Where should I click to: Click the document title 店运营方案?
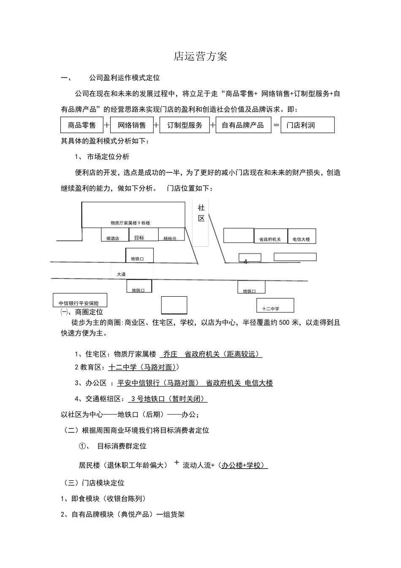(x=200, y=57)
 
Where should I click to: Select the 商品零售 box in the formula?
(x=82, y=125)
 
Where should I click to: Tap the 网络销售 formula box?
(x=132, y=125)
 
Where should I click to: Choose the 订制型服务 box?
(x=184, y=125)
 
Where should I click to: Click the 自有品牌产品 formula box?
(x=243, y=125)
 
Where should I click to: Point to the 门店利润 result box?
(x=307, y=125)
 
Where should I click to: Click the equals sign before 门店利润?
(x=276, y=125)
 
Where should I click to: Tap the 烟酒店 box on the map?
(x=113, y=235)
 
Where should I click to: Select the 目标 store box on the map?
(x=140, y=235)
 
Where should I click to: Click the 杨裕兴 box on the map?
(x=170, y=235)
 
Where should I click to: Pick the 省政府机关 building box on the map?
(x=270, y=236)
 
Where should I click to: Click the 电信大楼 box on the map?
(x=301, y=236)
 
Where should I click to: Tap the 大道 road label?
(x=121, y=274)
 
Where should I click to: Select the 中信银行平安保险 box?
(x=79, y=300)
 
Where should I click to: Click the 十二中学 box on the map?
(x=275, y=306)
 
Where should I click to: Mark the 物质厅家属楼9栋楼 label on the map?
(x=130, y=223)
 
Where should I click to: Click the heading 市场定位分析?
(x=108, y=157)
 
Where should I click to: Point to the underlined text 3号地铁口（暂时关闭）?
(x=168, y=399)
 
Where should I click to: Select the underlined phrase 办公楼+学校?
(x=244, y=465)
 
